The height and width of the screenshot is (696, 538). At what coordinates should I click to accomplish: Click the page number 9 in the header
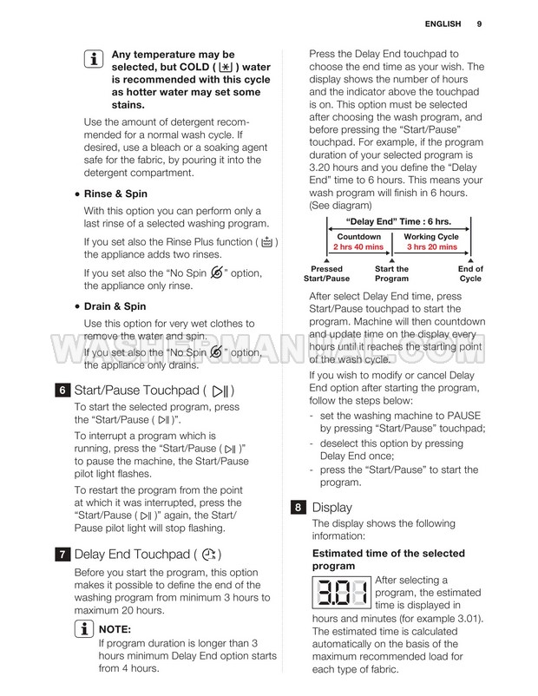coord(479,23)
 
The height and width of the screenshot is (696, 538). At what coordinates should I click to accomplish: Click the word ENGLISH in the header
coord(443,23)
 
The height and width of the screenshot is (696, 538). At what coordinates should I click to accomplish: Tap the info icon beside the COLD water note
coord(92,60)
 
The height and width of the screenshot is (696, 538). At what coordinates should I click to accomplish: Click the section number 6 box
coord(62,390)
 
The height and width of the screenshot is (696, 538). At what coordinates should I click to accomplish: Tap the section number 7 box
coord(62,553)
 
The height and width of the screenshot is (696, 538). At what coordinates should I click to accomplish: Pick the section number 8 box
coord(299,507)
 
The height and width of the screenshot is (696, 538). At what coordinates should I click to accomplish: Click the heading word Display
coord(331,507)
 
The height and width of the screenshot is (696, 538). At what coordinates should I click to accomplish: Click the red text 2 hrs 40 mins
coord(359,247)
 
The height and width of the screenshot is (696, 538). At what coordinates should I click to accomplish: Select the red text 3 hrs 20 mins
coord(431,247)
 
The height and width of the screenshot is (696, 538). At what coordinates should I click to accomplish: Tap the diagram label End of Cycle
coord(470,273)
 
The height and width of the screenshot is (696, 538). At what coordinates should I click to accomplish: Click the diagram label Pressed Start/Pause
coord(326,273)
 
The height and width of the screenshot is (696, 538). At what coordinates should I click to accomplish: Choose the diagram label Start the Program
coord(391,273)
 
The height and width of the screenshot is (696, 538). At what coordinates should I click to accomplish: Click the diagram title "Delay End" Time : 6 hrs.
coord(398,222)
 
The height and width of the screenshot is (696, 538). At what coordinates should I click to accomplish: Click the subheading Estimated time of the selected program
coord(388,560)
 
